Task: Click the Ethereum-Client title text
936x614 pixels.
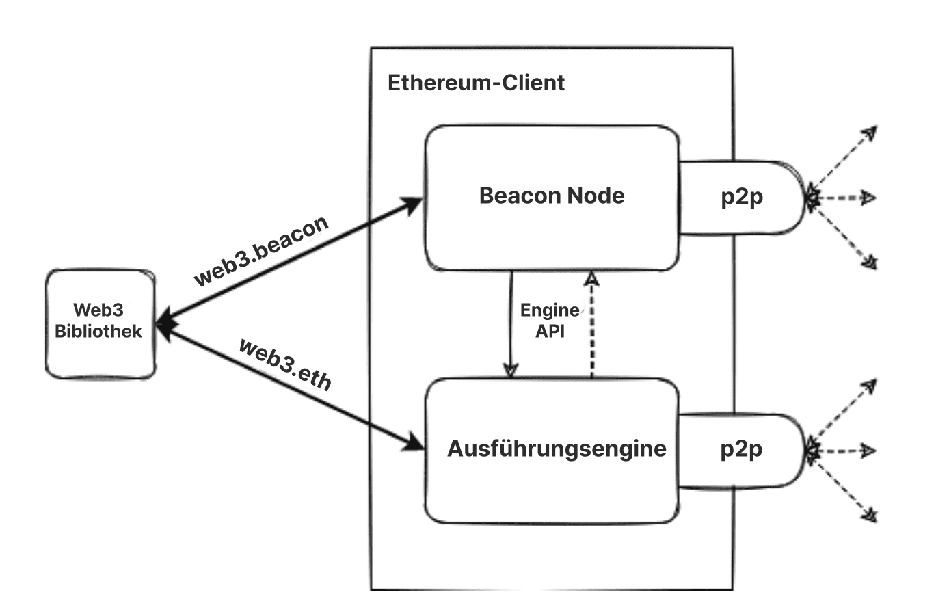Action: pyautogui.click(x=476, y=83)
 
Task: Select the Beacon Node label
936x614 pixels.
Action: pyautogui.click(x=552, y=196)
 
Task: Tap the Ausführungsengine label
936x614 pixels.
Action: pyautogui.click(x=557, y=449)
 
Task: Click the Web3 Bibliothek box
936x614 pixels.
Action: pyautogui.click(x=100, y=323)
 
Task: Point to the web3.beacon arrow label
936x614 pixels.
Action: pyautogui.click(x=261, y=251)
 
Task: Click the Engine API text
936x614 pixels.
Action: pyautogui.click(x=550, y=320)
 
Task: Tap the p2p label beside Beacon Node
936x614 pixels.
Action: pyautogui.click(x=742, y=197)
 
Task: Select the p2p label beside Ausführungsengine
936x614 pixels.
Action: pyautogui.click(x=742, y=449)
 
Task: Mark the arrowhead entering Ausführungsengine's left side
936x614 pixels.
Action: pyautogui.click(x=414, y=442)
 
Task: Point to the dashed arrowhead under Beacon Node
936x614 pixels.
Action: pyautogui.click(x=592, y=278)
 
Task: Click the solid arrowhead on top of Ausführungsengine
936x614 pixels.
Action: pyautogui.click(x=509, y=370)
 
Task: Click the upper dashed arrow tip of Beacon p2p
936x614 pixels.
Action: pyautogui.click(x=870, y=132)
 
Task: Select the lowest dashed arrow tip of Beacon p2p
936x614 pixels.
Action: pyautogui.click(x=870, y=262)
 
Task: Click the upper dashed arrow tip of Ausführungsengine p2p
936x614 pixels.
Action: pyautogui.click(x=870, y=384)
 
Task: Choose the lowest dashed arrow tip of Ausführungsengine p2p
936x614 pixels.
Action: pyautogui.click(x=870, y=514)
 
